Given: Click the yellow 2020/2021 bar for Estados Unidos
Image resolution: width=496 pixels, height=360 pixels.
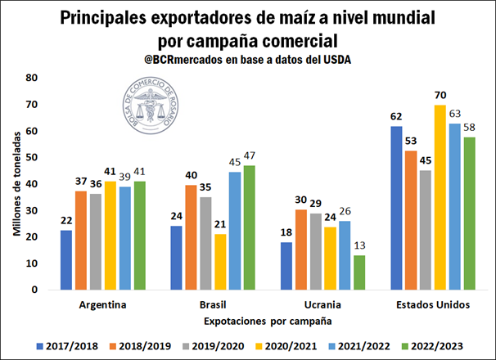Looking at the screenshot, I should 440,197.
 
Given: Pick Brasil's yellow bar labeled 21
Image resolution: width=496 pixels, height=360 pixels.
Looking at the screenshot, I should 220,261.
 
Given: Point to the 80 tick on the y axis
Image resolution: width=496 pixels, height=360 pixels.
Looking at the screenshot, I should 32,78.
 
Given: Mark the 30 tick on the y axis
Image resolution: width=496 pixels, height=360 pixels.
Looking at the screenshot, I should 32,210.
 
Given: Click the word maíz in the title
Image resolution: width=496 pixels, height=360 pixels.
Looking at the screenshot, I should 291,16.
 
